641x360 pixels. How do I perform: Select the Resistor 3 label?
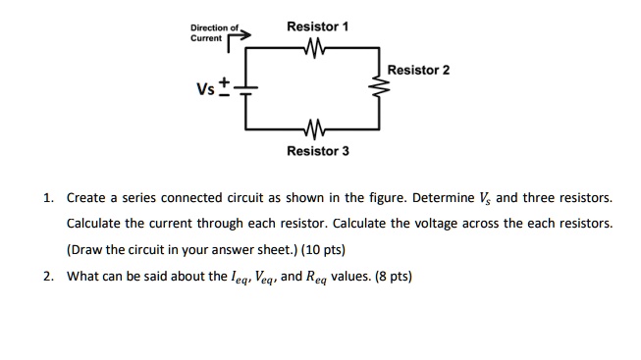[317, 152]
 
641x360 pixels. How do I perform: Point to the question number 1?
[49, 197]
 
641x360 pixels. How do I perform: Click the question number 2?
[49, 276]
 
